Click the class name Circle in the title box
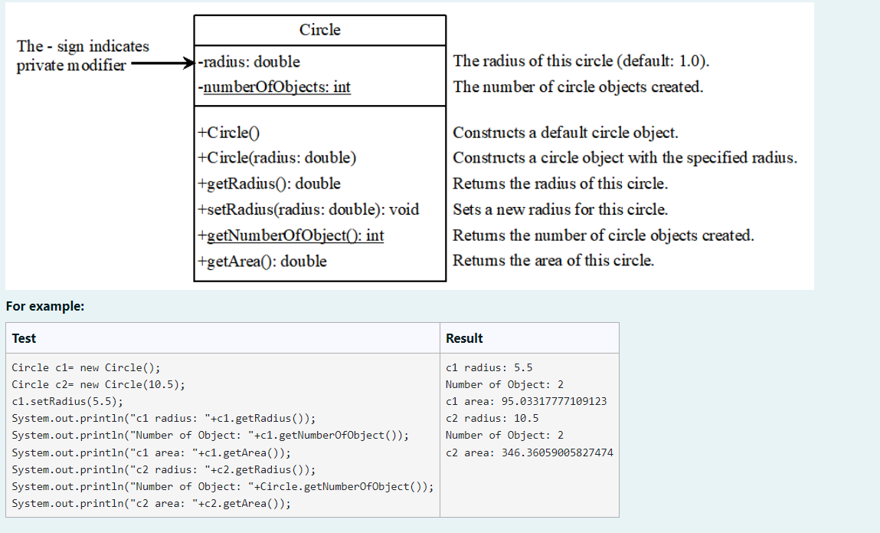(x=319, y=30)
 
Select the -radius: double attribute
(x=249, y=61)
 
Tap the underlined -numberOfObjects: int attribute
(x=274, y=87)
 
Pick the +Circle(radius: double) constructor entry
(x=277, y=158)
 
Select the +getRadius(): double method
(x=269, y=183)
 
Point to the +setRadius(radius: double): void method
(x=308, y=209)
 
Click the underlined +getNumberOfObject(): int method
(x=291, y=235)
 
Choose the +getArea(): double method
(x=262, y=262)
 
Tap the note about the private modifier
(x=83, y=55)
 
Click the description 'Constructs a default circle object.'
(x=565, y=132)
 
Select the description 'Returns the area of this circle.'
(x=553, y=260)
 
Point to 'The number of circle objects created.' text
(x=577, y=87)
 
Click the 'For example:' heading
(x=44, y=306)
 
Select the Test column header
(x=24, y=338)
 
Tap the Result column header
(x=464, y=338)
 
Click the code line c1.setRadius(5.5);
(x=67, y=401)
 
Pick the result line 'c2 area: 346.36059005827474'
(x=529, y=452)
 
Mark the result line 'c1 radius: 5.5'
(x=489, y=367)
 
